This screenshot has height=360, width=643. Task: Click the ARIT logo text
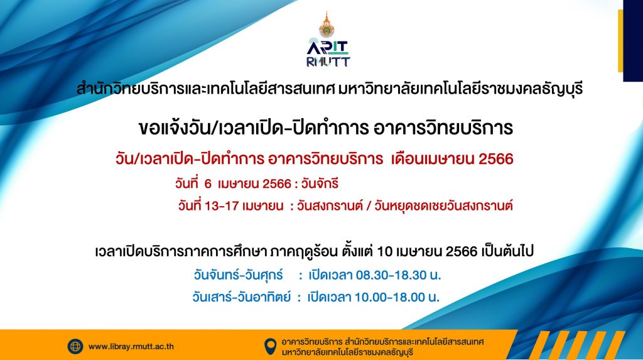coord(328,46)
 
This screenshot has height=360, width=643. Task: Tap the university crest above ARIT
coord(327,25)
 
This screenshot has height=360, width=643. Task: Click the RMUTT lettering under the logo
coord(328,62)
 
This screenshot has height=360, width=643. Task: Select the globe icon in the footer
coord(75,346)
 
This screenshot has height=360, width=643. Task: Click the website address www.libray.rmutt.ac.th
coord(131,347)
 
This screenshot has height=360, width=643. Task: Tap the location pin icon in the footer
coord(270,347)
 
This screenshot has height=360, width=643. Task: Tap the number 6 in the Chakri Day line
coord(208,183)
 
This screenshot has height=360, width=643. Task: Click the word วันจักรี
coord(320,183)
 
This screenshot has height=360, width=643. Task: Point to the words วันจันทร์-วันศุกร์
coord(238,275)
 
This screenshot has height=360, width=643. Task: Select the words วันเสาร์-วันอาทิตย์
coord(241,297)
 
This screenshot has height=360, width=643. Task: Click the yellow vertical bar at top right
coord(620,41)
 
